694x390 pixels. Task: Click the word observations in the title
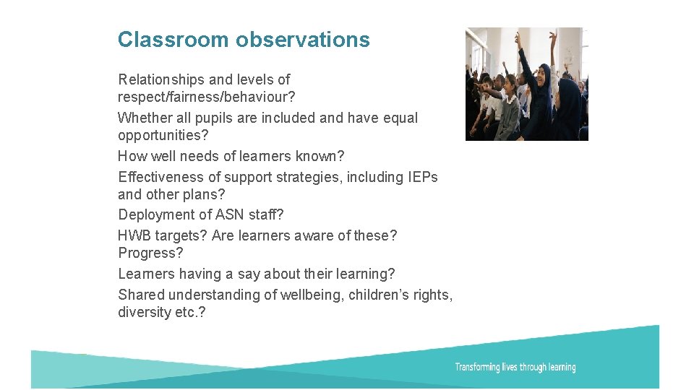point(303,40)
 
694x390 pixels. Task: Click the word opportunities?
point(162,135)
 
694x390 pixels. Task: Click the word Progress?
point(150,253)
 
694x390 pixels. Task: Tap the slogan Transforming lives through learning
point(515,368)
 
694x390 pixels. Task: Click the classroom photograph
point(526,84)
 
